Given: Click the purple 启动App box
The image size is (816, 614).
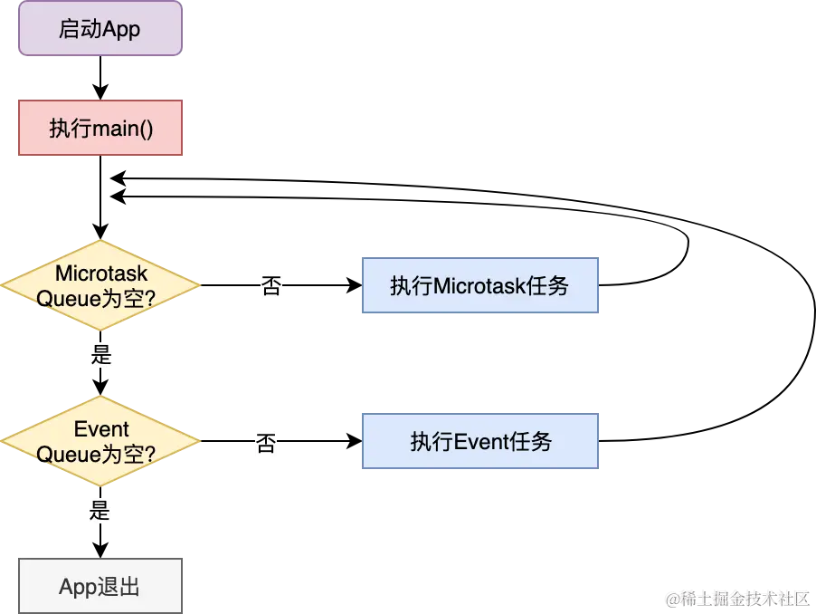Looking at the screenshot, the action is coord(100,28).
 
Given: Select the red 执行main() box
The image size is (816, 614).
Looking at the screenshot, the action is coord(100,128).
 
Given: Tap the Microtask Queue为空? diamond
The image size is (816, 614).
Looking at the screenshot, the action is coord(100,285).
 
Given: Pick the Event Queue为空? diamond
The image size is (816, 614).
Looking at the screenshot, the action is coord(100,441).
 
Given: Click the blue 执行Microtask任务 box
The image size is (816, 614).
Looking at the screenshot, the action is coord(479,285).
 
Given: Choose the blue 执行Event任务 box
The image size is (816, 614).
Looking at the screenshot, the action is coord(479,441).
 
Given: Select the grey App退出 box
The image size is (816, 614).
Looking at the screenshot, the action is coord(100,586).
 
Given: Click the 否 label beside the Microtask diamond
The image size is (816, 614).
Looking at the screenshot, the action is coord(271,286).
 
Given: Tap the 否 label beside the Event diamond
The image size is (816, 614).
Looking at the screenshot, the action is coord(266,443).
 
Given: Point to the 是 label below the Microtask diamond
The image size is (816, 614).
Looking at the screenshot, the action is coord(101,354).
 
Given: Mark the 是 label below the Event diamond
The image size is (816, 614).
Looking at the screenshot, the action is coord(100,510).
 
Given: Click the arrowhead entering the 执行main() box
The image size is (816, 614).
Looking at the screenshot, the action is coord(100,92).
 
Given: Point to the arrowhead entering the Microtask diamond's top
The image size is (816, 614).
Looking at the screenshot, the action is coord(100,232).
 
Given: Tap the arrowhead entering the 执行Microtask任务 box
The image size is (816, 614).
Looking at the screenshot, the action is coord(355,285).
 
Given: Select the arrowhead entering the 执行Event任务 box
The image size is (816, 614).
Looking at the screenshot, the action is coord(355,441).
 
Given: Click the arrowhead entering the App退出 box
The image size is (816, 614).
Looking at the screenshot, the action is coord(100,551).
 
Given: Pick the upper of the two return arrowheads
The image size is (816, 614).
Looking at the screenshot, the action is coord(119,178).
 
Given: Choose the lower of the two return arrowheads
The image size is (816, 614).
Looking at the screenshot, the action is coord(119,197).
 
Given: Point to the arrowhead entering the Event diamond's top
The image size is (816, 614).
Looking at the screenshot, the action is coord(100,388).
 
